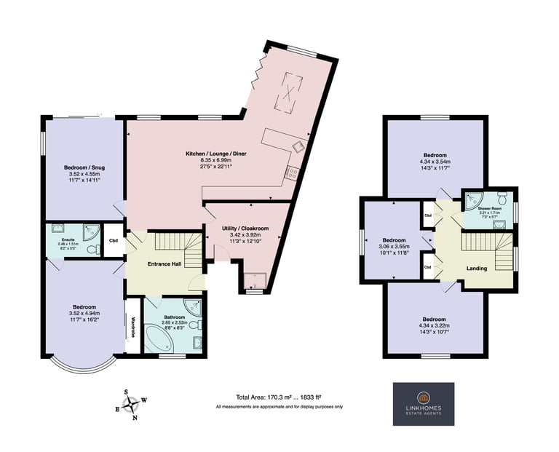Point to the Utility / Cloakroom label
(245, 229)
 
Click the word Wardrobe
(133, 326)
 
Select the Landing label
(476, 269)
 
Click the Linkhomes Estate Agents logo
(424, 404)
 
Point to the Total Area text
(279, 397)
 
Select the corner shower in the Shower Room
(475, 198)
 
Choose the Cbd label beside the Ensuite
(113, 240)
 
